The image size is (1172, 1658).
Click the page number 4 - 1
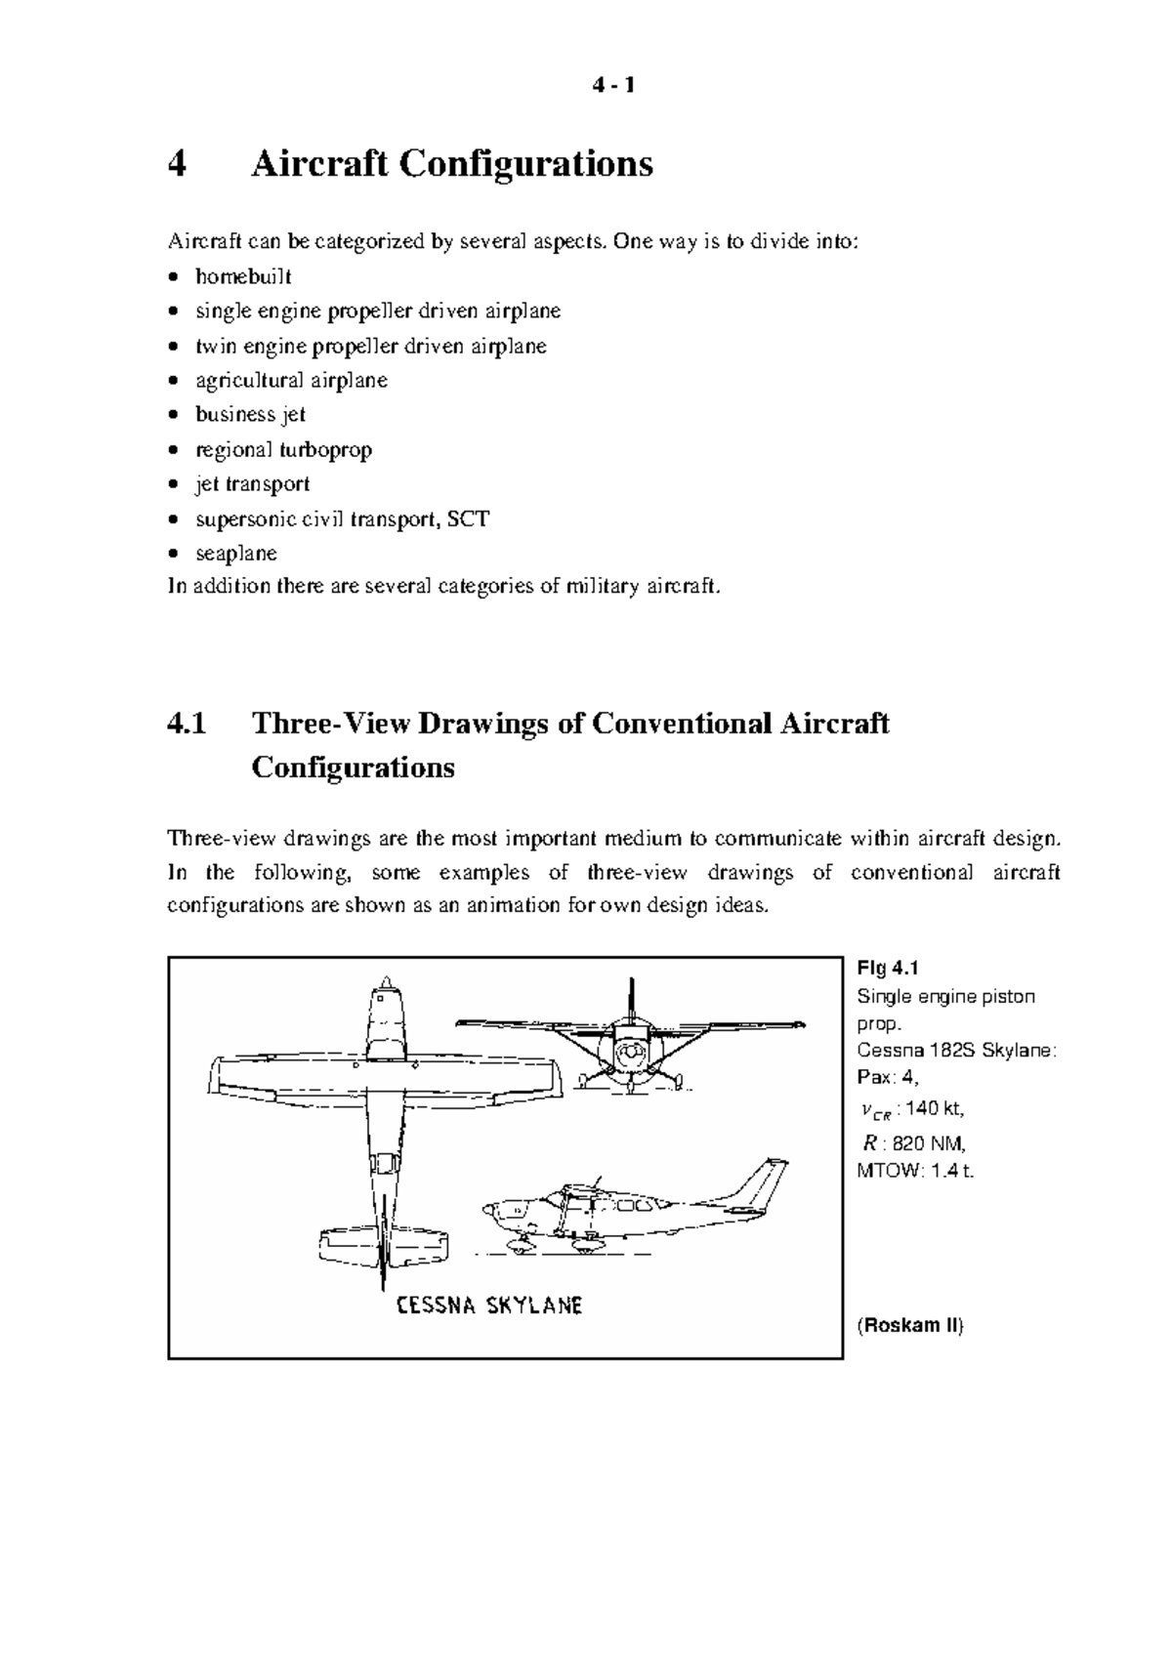tap(613, 86)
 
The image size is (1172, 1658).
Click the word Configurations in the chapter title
tap(525, 164)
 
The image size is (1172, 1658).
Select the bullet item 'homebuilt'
tap(243, 276)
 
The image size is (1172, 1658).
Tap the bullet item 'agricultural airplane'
tap(291, 380)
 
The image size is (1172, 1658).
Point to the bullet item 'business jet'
tap(250, 414)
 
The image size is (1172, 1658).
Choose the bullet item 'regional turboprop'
tap(283, 449)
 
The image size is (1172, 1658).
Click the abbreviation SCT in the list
tap(468, 518)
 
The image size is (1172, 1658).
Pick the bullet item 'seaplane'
tap(236, 553)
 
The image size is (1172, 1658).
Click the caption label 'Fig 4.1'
tap(888, 968)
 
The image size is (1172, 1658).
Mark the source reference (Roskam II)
tap(909, 1325)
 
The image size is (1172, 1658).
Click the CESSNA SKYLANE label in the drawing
tap(489, 1306)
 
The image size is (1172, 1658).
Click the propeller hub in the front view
tap(630, 1053)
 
